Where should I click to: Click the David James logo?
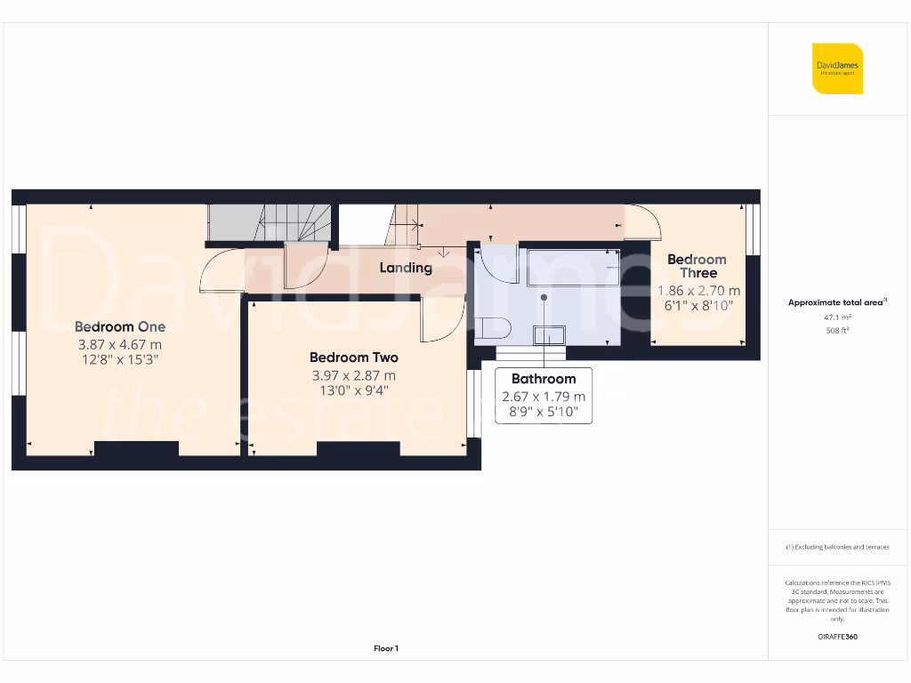click(x=837, y=68)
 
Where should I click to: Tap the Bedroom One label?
click(x=119, y=326)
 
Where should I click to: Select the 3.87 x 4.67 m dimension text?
click(x=118, y=344)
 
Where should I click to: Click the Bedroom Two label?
click(x=353, y=358)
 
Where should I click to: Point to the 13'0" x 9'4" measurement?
click(x=353, y=390)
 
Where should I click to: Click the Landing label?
click(x=406, y=268)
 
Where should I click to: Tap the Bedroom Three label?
click(x=697, y=266)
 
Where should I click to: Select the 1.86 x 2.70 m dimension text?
click(x=698, y=291)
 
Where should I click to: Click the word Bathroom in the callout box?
click(x=543, y=379)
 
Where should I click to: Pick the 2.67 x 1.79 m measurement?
click(x=543, y=397)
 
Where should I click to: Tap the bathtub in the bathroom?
click(x=572, y=267)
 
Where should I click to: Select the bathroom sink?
click(x=548, y=334)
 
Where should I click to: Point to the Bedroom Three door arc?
click(x=644, y=223)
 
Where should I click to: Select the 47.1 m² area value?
click(x=836, y=317)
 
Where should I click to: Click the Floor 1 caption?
click(x=386, y=649)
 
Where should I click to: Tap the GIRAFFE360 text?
click(x=836, y=637)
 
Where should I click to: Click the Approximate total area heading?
click(x=836, y=302)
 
